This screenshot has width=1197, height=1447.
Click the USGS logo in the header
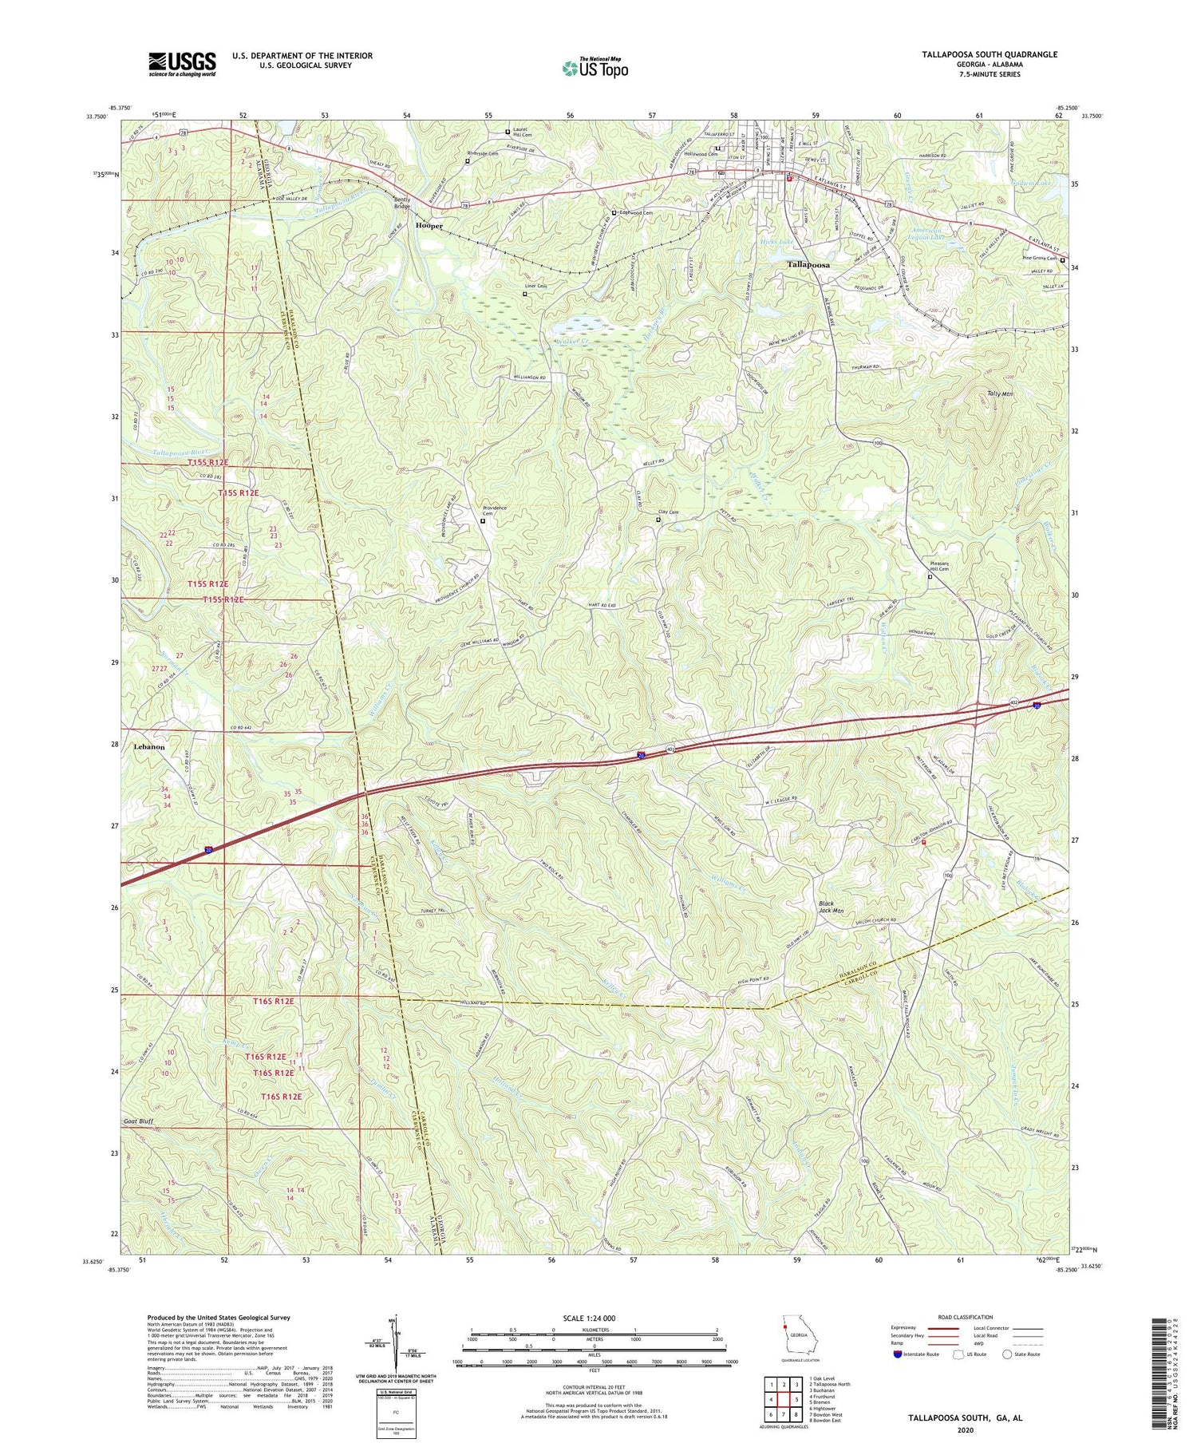(182, 64)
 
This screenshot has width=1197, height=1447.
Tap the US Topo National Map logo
(595, 68)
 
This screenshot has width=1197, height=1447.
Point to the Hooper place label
(429, 226)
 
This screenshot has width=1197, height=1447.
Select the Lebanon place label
(149, 747)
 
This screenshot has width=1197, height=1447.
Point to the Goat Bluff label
(138, 1121)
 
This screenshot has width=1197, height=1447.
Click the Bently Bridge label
(401, 203)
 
